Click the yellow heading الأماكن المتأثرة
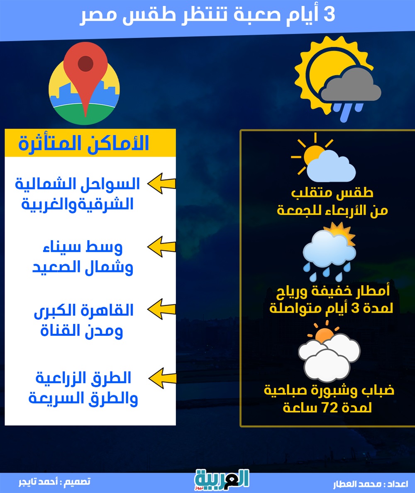point(84,143)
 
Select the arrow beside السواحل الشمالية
point(161,183)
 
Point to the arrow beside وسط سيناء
point(161,246)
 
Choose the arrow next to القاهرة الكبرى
point(161,309)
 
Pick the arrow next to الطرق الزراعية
point(162,378)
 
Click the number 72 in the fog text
point(330,408)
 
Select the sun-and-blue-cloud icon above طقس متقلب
point(323,158)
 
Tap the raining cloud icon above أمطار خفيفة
point(330,252)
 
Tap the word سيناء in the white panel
point(62,248)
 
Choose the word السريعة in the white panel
point(56,398)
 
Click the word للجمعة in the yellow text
point(296,210)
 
